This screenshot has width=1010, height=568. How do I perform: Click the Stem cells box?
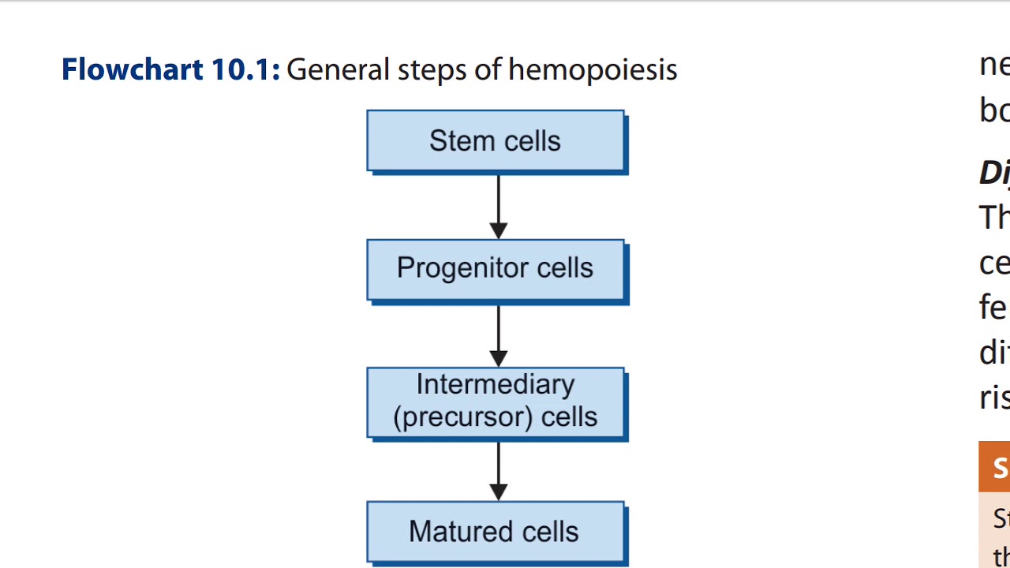pos(496,141)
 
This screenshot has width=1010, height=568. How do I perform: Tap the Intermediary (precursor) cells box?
pos(496,402)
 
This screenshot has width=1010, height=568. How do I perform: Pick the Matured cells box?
pos(496,532)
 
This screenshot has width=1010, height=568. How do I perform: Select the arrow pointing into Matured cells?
pos(498,469)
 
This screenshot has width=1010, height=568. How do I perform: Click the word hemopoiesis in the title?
pos(592,70)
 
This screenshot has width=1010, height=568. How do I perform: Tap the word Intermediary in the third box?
pos(496,385)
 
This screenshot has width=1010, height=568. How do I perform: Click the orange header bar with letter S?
pos(994,467)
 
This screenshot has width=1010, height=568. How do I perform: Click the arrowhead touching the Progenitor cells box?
pos(498,231)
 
